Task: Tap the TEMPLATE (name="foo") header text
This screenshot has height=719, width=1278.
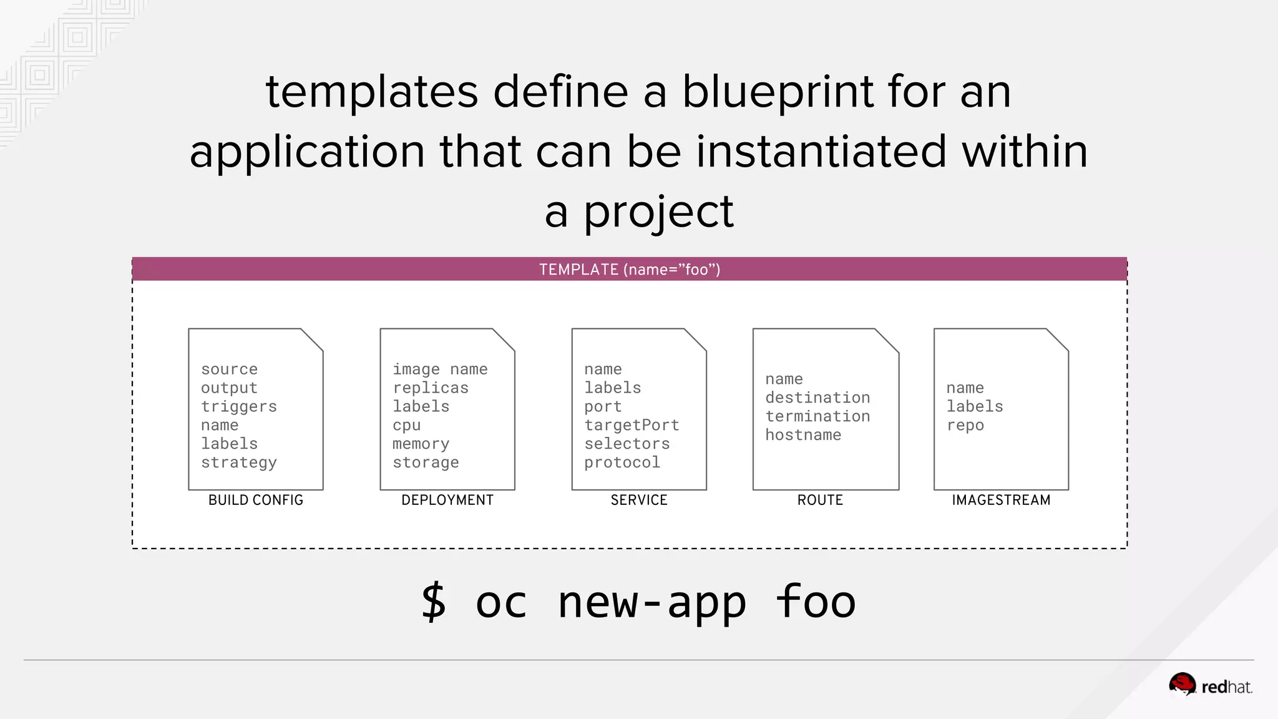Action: pyautogui.click(x=629, y=270)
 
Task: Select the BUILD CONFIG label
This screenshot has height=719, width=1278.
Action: pyautogui.click(x=255, y=500)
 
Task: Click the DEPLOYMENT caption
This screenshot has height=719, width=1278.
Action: pyautogui.click(x=447, y=500)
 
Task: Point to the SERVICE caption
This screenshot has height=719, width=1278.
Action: pyautogui.click(x=638, y=500)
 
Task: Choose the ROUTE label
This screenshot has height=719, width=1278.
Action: pyautogui.click(x=819, y=500)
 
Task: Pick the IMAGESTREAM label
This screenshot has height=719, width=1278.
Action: pyautogui.click(x=1000, y=500)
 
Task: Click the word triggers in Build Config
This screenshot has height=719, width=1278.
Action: pyautogui.click(x=238, y=406)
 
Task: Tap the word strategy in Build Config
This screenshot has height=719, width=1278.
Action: pyautogui.click(x=238, y=462)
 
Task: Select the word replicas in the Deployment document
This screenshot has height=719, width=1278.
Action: pyautogui.click(x=430, y=388)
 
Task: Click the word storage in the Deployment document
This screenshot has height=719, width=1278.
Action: pyautogui.click(x=426, y=462)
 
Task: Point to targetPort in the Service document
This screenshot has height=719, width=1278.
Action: pyautogui.click(x=631, y=425)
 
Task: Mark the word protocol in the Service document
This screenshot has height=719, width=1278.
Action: pyautogui.click(x=622, y=462)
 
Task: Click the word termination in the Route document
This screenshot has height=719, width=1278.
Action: pyautogui.click(x=817, y=416)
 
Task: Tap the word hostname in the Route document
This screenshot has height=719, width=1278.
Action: pyautogui.click(x=802, y=435)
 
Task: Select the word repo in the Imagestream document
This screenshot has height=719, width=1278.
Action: pyautogui.click(x=965, y=426)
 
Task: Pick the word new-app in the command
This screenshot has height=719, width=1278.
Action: pyautogui.click(x=651, y=602)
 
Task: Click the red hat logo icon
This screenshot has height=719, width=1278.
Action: pyautogui.click(x=1182, y=684)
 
